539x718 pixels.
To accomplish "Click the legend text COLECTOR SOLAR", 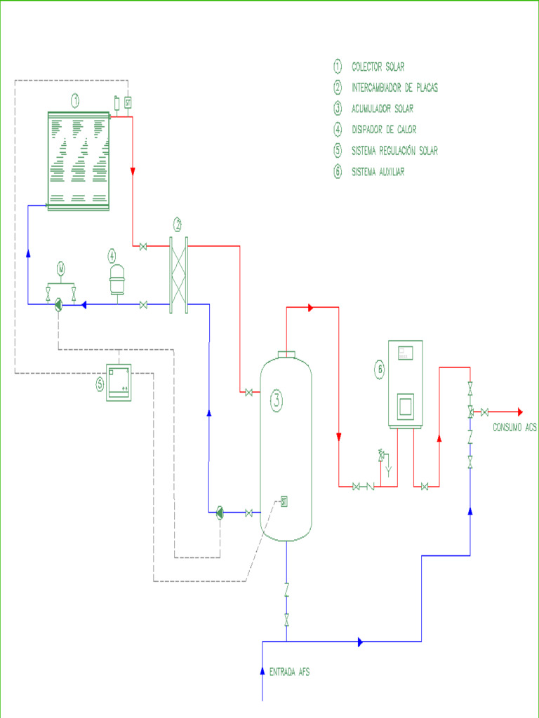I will (x=378, y=67).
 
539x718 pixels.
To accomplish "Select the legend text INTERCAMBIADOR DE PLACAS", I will (x=394, y=88).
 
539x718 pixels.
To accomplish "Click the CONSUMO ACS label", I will (x=514, y=427).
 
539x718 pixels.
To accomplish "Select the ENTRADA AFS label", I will (x=289, y=672).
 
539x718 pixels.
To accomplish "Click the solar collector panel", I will (x=79, y=160).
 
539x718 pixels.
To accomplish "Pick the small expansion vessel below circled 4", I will (x=116, y=281).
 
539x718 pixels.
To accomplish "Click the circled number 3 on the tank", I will (x=277, y=400).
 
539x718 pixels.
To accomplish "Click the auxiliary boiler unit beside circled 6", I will (x=406, y=384).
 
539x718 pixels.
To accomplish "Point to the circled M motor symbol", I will (x=60, y=268).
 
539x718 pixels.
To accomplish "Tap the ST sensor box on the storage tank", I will (x=284, y=501).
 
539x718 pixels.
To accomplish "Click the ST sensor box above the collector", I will (x=128, y=102).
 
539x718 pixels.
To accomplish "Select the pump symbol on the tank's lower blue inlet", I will (x=219, y=513).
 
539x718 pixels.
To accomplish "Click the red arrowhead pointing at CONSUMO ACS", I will (x=519, y=412).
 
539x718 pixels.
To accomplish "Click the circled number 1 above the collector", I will (x=74, y=101).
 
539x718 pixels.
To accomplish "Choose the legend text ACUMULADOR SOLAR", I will (x=382, y=109).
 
